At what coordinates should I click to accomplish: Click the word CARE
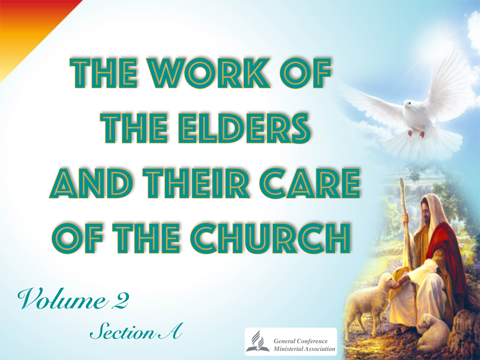point(309,183)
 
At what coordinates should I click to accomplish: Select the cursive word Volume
point(62,298)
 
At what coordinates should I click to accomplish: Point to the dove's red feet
point(416,134)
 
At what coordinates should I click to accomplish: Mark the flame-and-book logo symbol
point(258,341)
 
